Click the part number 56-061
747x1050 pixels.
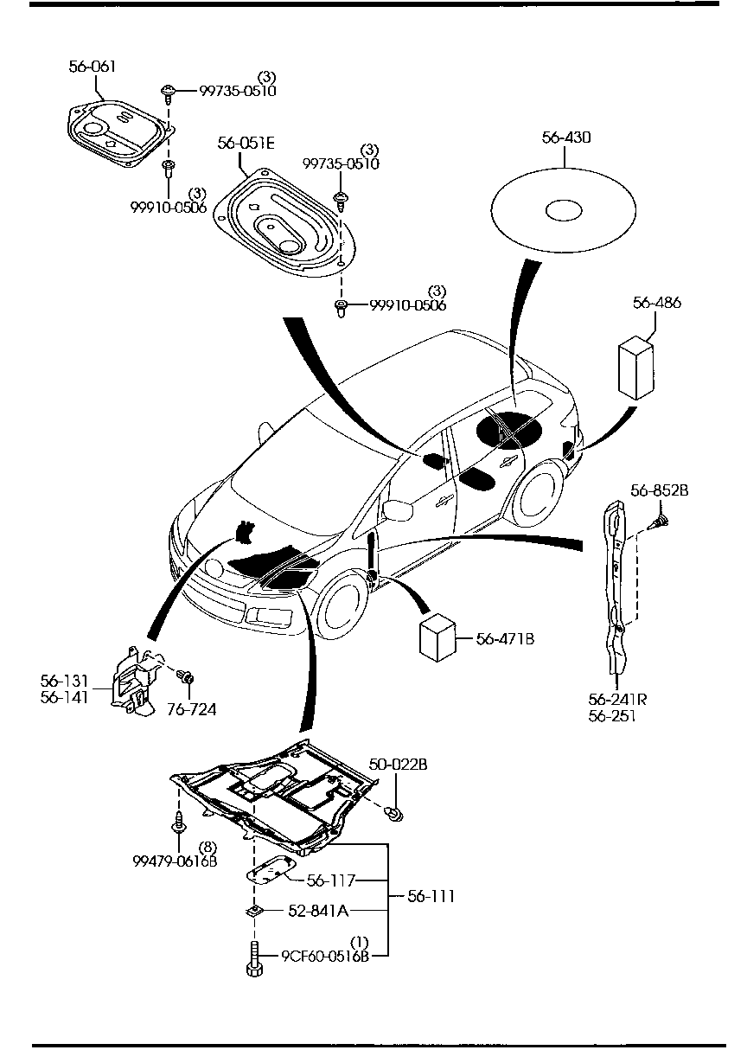coord(93,66)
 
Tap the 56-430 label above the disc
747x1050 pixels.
coord(566,137)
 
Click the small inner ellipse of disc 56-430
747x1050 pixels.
coord(564,208)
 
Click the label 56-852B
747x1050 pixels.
coord(659,490)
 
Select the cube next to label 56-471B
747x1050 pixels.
coord(438,639)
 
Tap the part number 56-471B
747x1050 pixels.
coord(505,639)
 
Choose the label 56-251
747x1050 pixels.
coord(611,716)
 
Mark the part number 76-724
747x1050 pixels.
coord(191,709)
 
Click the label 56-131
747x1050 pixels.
coord(64,681)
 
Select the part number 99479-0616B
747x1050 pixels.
coord(175,861)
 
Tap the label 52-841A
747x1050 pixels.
coord(318,910)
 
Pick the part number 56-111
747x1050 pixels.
coord(431,896)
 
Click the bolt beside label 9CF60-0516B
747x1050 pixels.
coord(254,957)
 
